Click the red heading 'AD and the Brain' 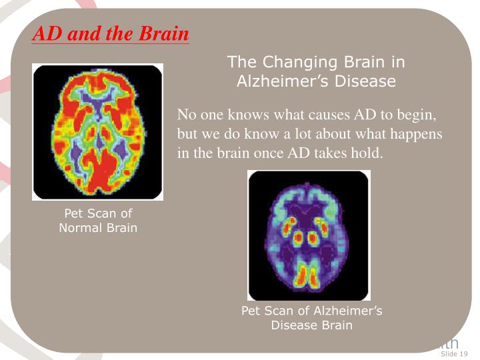[111, 34]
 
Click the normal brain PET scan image [97, 131]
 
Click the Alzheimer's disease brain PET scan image [309, 235]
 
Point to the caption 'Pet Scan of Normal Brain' [98, 221]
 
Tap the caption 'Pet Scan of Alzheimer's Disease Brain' [311, 318]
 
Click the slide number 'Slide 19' [455, 353]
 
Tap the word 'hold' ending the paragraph [369, 153]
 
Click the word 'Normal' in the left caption [80, 228]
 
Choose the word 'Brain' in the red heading [165, 34]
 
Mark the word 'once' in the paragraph [265, 153]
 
